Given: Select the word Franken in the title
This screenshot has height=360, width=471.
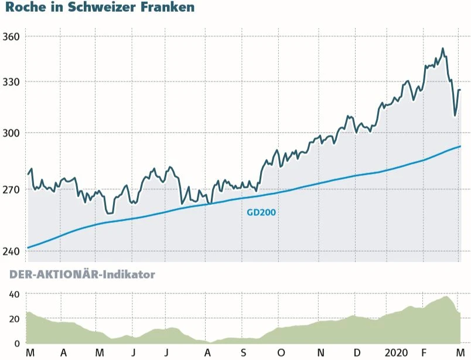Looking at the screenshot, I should click(x=165, y=8).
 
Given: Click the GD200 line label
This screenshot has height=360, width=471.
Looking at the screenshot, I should click(x=261, y=213).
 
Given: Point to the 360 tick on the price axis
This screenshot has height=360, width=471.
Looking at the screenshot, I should click(x=11, y=36).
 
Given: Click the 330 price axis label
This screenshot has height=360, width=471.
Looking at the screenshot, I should click(x=11, y=81).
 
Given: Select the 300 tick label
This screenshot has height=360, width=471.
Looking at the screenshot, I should click(x=11, y=133).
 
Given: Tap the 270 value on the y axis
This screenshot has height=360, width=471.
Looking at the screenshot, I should click(x=11, y=190).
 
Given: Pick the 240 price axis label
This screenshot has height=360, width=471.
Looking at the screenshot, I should click(x=11, y=251).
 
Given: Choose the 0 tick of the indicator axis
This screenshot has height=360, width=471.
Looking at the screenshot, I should click(x=18, y=343).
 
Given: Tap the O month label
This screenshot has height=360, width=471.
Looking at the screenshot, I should click(x=281, y=352).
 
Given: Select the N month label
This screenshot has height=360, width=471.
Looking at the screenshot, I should click(x=320, y=352).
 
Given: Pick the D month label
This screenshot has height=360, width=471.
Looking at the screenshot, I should click(x=357, y=352).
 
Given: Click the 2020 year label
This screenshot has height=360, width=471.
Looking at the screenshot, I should click(x=397, y=352).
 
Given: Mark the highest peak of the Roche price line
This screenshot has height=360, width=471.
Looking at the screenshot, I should click(x=442, y=49).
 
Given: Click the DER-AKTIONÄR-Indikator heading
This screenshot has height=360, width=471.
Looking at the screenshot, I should click(x=82, y=274).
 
